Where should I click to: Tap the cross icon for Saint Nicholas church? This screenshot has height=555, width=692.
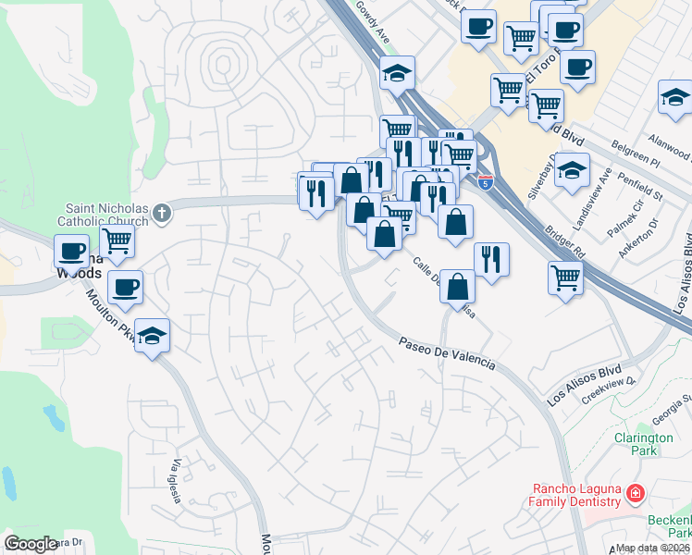162,215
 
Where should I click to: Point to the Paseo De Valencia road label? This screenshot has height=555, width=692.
448,353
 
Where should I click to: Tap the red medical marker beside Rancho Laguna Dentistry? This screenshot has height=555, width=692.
635,494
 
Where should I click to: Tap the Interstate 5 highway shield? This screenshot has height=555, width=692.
486,183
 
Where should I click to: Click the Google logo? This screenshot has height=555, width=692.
31,544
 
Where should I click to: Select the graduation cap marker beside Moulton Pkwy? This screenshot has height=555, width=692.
153,336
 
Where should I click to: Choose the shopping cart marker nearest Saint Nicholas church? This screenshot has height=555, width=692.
117,240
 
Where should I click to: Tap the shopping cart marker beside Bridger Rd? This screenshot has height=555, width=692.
565,277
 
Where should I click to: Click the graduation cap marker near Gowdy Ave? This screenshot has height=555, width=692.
397,72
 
